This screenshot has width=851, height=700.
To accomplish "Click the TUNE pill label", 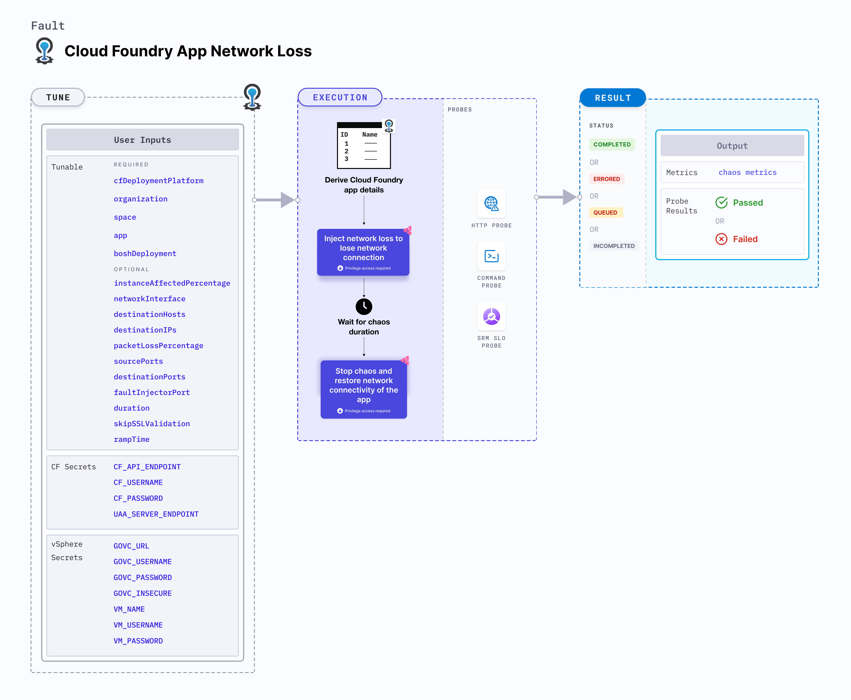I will [58, 97].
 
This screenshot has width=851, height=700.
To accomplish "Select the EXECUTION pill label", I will [340, 97].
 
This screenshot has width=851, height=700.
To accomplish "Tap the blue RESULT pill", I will [612, 97].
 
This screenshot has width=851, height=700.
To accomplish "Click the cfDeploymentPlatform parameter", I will [158, 181].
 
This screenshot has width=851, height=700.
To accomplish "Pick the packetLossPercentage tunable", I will [158, 346].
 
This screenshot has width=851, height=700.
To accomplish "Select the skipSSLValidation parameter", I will [152, 423].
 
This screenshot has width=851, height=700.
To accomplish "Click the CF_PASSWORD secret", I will [138, 498].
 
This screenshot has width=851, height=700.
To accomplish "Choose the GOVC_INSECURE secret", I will [142, 593].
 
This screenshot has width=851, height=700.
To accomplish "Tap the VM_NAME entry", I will [129, 609].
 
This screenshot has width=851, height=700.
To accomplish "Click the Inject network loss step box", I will [363, 252].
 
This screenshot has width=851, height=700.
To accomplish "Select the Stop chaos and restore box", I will [363, 389].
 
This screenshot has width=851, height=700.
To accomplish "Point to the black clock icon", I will [364, 306].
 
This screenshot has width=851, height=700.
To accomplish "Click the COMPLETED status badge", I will [612, 144].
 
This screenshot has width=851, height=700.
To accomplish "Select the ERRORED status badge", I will [606, 179].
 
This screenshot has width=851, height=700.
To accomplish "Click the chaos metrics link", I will [747, 172].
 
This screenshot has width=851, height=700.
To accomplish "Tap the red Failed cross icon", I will [721, 239].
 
